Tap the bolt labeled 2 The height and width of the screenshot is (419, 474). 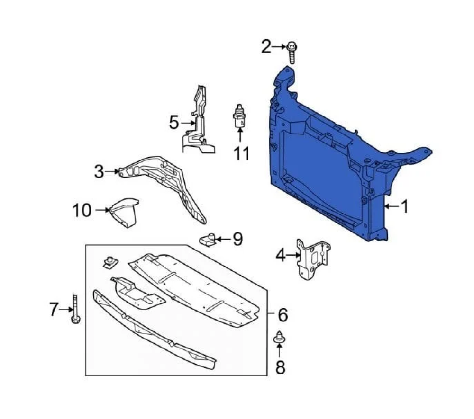292,52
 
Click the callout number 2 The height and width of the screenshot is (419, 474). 266,47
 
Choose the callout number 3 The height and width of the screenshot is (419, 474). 99,171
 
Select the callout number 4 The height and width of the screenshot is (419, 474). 281,256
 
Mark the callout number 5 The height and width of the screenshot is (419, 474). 174,124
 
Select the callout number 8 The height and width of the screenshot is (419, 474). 280,367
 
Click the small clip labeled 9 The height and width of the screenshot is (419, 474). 208,240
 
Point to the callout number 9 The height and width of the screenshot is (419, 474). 237,240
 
